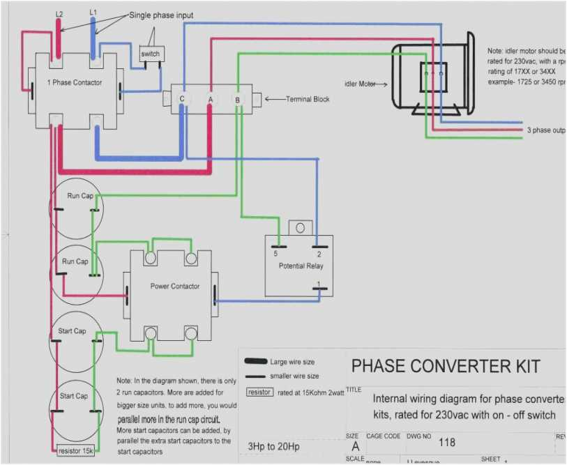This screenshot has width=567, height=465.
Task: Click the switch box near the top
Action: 150,54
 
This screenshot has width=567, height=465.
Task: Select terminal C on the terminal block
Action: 182,100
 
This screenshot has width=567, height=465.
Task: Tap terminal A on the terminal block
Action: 210,100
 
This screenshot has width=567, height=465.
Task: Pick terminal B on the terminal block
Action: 237,100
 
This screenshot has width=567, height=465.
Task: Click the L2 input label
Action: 59,13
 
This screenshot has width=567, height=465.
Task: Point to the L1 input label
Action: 93,13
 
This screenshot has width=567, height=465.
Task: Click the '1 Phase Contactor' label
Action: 75,83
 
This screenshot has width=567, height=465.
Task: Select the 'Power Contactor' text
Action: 174,287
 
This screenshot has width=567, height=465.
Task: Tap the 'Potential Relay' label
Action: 301,266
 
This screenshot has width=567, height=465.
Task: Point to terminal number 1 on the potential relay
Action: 318,284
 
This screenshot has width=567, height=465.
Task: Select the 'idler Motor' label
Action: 360,84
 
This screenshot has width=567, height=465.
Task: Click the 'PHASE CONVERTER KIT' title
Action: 446,366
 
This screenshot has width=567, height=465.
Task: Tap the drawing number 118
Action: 446,441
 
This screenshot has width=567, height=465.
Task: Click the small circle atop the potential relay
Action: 301,228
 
